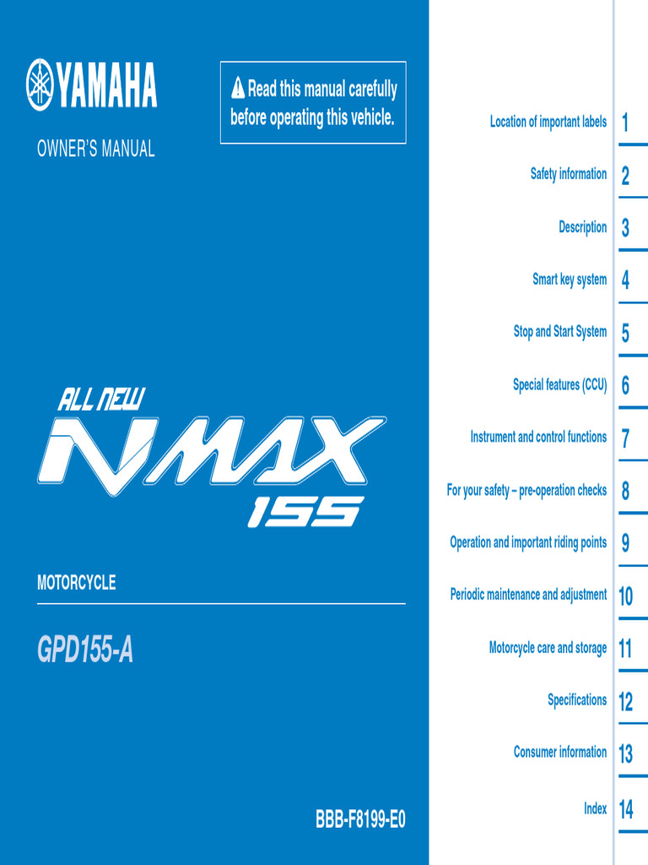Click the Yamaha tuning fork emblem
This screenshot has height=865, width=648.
pyautogui.click(x=40, y=84)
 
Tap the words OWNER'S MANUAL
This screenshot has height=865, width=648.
pyautogui.click(x=95, y=150)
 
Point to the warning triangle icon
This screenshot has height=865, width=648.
pyautogui.click(x=238, y=88)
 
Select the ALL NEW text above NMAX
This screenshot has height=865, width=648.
pyautogui.click(x=101, y=399)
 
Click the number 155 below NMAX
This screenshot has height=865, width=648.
pyautogui.click(x=305, y=511)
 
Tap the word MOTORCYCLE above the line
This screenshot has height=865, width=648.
pyautogui.click(x=76, y=583)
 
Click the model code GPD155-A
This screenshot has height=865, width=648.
pyautogui.click(x=85, y=650)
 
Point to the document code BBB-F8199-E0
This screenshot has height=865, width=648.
pyautogui.click(x=360, y=819)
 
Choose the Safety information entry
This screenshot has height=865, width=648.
pyautogui.click(x=568, y=174)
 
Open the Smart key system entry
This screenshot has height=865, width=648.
pyautogui.click(x=569, y=280)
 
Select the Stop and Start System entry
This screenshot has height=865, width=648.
pyautogui.click(x=559, y=332)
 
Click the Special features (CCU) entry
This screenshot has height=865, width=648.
pyautogui.click(x=559, y=385)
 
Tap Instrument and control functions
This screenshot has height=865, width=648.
pyautogui.click(x=538, y=438)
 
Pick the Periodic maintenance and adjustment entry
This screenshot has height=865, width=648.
pyautogui.click(x=528, y=595)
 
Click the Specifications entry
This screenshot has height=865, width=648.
pyautogui.click(x=576, y=700)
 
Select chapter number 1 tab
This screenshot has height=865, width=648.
pyautogui.click(x=625, y=123)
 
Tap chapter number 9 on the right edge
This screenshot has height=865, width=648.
pyautogui.click(x=625, y=544)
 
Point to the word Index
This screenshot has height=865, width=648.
pyautogui.click(x=595, y=809)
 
